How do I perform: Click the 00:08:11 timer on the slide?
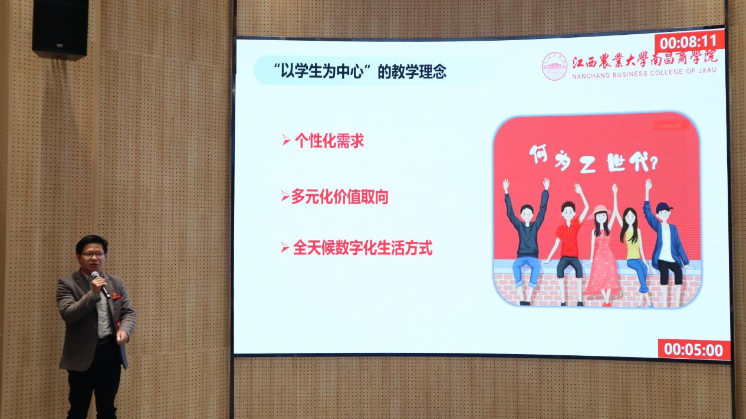coord(689,42)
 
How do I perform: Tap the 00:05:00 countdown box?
coord(694,350)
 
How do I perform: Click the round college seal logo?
coord(554,66)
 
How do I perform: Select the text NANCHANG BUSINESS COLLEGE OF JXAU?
coord(644,73)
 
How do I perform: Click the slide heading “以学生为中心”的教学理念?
coord(360,71)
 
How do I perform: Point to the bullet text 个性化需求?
coord(329,140)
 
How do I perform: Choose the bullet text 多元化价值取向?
coord(340,197)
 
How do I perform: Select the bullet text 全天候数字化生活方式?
coord(363,248)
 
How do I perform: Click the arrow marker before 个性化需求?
coord(286,140)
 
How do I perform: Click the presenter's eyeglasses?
coord(93,255)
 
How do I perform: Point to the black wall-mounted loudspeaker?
coord(61,27)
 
